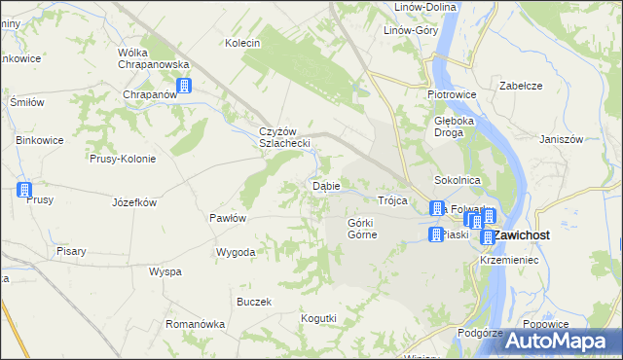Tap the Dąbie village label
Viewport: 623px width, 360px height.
coord(325,184)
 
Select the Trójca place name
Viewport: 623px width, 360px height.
coord(391,199)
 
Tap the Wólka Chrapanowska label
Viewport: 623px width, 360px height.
coord(152,57)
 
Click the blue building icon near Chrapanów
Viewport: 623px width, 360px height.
coord(184,86)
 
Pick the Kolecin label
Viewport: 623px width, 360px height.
coord(242,43)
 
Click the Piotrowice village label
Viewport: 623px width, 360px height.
coord(450,94)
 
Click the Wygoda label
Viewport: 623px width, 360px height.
coord(237,252)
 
